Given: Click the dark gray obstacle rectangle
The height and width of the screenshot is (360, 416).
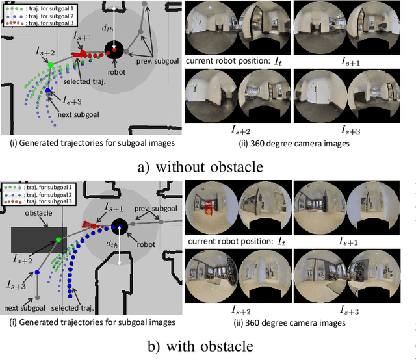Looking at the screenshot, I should [38, 239].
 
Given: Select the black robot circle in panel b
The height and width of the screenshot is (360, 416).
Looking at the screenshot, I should [119, 227].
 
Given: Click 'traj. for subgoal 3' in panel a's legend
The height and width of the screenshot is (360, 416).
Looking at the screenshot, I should [36, 23].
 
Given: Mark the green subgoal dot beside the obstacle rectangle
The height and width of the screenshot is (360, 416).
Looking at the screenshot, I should [58, 240].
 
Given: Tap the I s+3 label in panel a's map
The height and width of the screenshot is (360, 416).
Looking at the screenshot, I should [72, 101].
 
